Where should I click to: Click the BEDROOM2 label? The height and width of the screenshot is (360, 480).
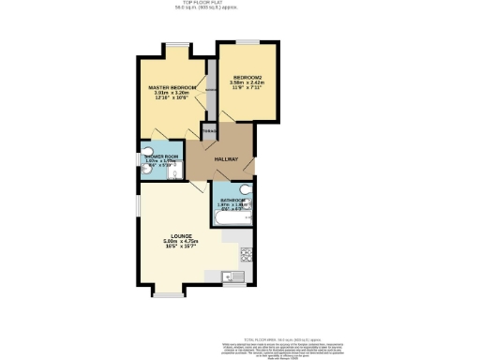247,76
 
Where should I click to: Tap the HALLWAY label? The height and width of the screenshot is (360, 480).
226,159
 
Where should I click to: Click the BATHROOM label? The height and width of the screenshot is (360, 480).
232,201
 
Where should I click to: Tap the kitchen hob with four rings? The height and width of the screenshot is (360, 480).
247,252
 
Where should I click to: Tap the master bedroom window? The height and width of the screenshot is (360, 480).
175,43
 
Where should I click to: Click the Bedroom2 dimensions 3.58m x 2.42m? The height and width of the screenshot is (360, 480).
247,82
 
